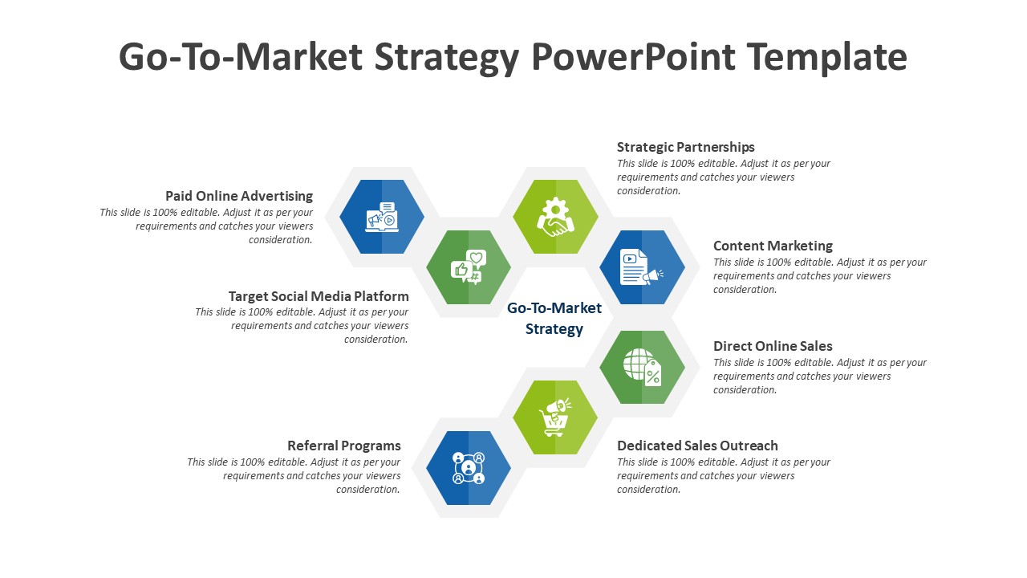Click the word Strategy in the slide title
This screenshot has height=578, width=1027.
(447, 58)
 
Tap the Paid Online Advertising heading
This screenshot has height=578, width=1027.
(239, 196)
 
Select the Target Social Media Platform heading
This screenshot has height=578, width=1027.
(319, 296)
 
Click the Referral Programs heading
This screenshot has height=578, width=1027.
(344, 446)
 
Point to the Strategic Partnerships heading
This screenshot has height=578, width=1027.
(685, 147)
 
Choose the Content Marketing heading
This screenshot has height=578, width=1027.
(773, 246)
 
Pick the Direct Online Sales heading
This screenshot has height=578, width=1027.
(773, 346)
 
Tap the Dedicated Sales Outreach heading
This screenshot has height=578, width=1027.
(697, 446)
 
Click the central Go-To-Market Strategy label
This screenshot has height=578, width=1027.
(554, 319)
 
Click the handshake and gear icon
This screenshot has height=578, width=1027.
(555, 217)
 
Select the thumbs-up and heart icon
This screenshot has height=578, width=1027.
(468, 267)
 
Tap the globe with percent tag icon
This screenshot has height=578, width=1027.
(642, 368)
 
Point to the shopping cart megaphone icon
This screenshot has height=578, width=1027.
(555, 417)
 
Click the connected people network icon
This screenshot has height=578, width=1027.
(468, 468)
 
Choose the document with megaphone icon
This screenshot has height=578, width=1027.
(641, 267)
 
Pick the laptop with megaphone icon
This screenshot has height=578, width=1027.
(382, 217)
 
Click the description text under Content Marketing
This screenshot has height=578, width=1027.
(820, 275)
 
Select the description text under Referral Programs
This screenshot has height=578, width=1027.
(294, 476)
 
